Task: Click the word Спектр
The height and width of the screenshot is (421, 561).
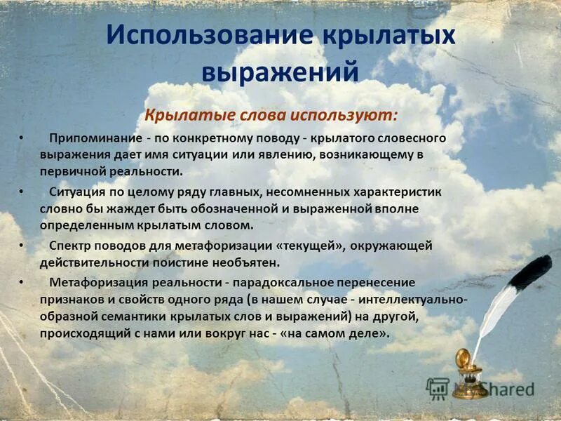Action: click(x=69, y=246)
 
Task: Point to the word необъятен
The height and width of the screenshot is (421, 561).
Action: click(x=246, y=262)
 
